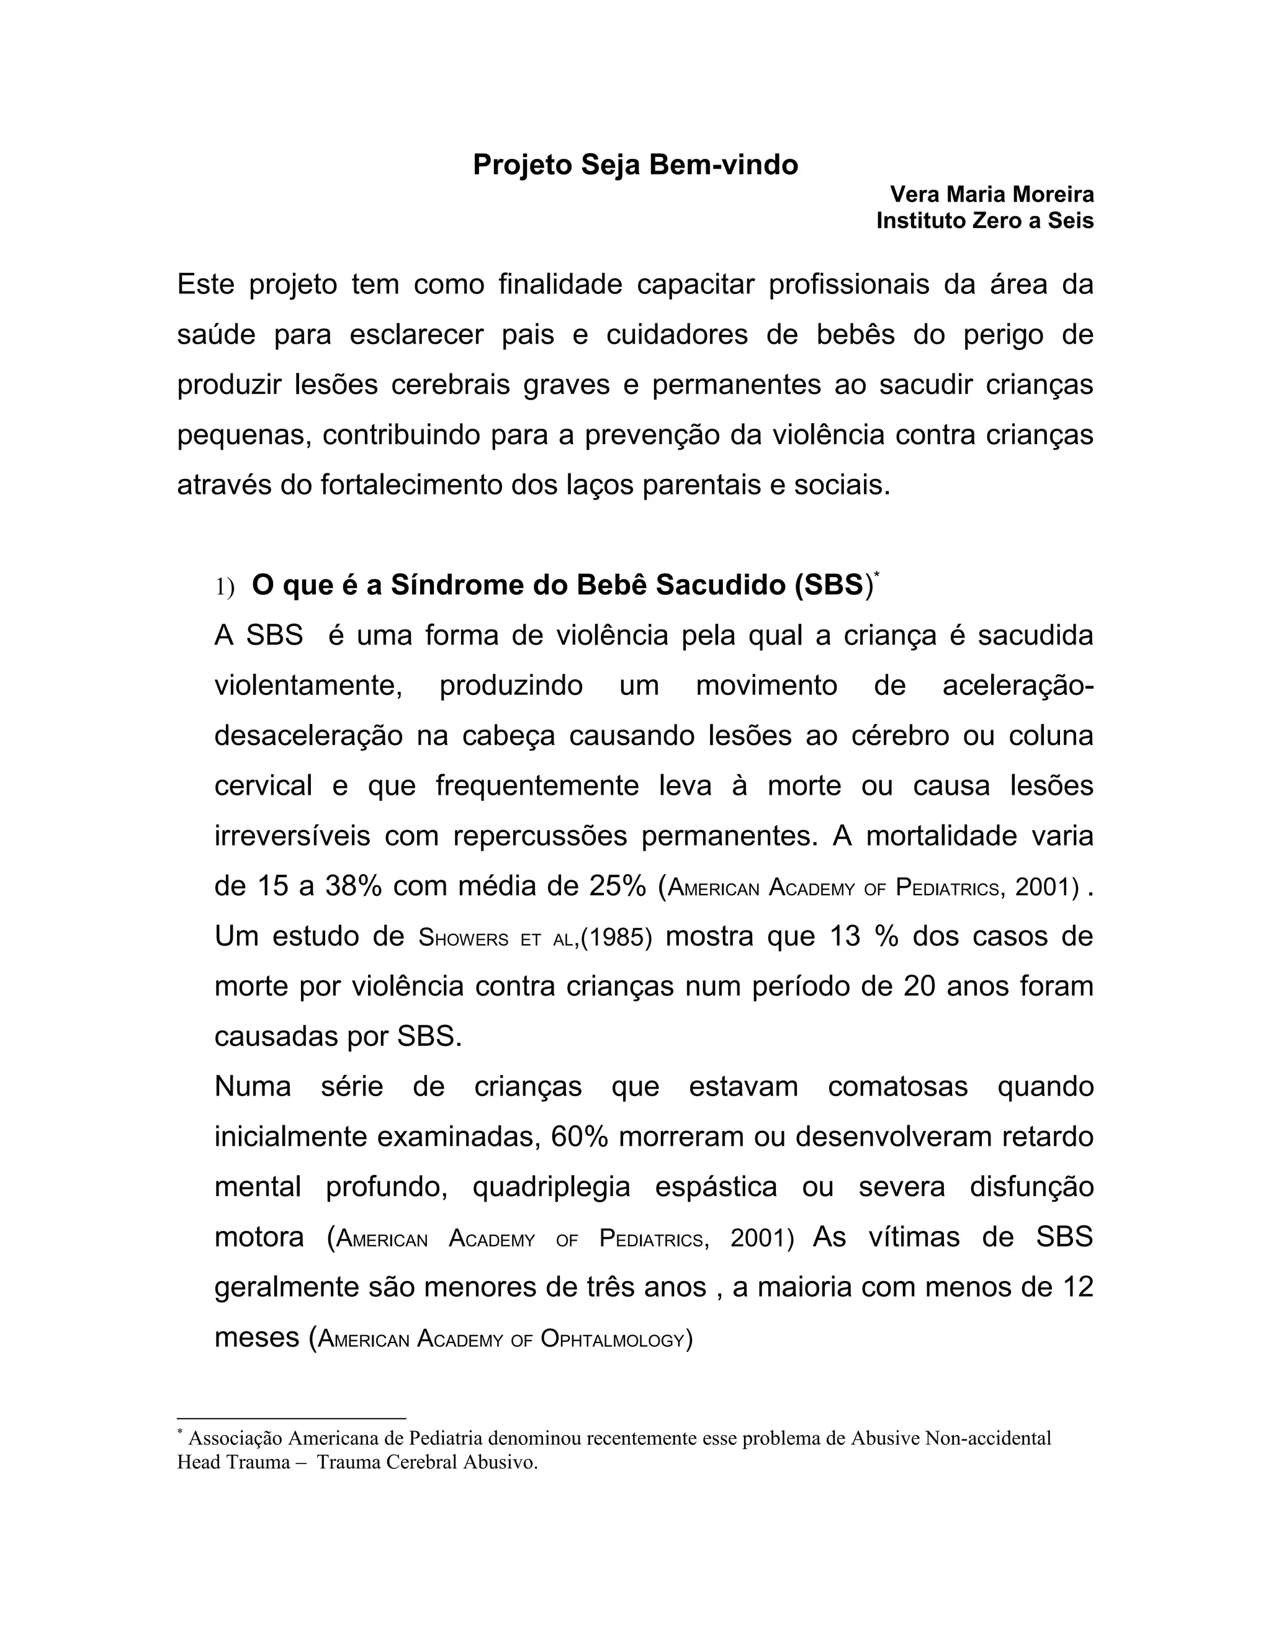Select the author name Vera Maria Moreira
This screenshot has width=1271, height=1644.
992,194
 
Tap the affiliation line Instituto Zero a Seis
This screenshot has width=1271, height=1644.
985,221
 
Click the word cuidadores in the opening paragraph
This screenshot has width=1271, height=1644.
677,335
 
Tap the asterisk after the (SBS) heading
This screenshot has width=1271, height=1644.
876,576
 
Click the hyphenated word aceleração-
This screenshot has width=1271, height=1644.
1017,686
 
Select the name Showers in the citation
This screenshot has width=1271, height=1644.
463,938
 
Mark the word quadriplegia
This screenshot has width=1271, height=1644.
551,1187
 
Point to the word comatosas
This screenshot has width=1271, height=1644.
897,1087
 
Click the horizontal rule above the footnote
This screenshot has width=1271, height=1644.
292,1419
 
